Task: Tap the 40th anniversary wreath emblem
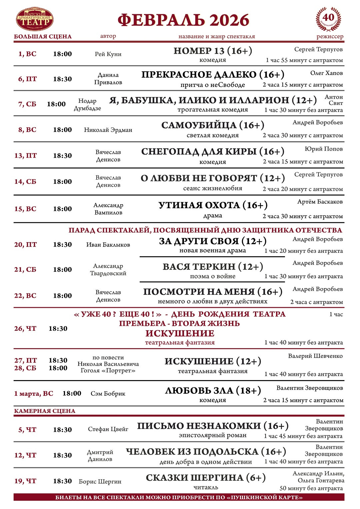click(328, 19)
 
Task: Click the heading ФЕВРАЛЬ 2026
click(183, 20)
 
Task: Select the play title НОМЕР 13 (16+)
click(213, 51)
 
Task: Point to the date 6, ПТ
click(27, 79)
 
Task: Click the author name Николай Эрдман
click(108, 130)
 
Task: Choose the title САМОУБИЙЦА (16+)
click(213, 125)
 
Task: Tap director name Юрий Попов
click(323, 149)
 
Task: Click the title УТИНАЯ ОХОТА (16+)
click(213, 205)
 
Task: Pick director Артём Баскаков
click(320, 202)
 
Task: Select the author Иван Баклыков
click(108, 245)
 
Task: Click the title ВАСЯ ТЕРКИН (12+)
click(213, 267)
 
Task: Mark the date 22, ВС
click(25, 296)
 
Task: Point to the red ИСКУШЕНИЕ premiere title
click(180, 333)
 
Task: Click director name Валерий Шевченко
click(315, 356)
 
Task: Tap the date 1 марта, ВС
click(34, 394)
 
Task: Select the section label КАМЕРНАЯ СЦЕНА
click(45, 411)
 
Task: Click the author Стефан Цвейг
click(108, 429)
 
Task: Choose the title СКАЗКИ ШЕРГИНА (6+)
click(206, 478)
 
